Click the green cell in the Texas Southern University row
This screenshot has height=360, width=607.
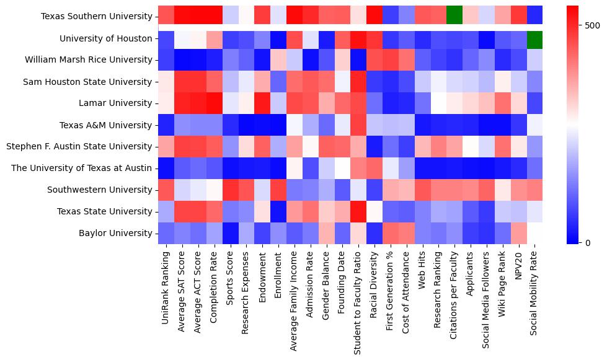454,17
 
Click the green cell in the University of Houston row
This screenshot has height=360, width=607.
534,38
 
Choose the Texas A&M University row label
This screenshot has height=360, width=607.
115,125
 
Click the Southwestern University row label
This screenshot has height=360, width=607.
104,190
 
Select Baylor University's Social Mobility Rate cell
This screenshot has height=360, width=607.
534,234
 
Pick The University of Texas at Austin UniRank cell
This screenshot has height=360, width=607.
166,169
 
